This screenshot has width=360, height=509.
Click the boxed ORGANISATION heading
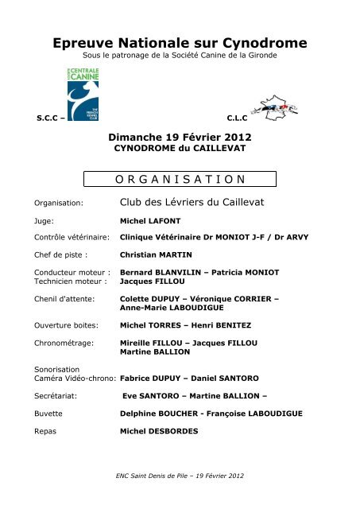click(180, 179)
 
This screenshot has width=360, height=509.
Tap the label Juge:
click(45, 222)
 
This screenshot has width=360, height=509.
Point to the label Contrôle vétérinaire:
click(71, 238)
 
